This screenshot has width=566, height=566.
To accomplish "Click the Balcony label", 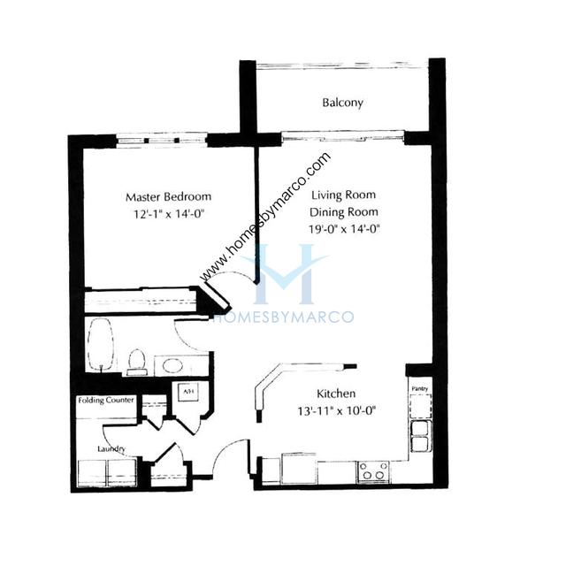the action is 342,103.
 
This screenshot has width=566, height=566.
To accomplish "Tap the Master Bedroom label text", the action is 168,196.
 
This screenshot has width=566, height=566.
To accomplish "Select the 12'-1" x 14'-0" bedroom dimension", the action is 169,214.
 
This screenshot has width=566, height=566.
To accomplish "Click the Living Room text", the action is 344,195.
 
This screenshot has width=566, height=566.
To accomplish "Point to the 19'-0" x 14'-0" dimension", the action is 344,229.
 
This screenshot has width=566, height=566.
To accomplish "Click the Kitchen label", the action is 336,393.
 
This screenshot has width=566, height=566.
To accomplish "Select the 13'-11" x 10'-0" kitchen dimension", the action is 337,410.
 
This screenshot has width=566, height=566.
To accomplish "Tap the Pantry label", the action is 420,388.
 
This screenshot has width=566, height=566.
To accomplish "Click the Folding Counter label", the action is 106,400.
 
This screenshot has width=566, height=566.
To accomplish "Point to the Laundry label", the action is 111,448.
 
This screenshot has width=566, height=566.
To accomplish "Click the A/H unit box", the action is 187,392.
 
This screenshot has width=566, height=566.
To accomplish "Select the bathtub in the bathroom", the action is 101,345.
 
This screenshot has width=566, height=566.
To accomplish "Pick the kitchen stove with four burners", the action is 373,471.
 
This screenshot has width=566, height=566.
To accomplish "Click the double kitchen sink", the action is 420,436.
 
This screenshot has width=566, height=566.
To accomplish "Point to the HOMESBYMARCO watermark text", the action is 284,317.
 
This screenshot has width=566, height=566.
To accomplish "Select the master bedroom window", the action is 162,141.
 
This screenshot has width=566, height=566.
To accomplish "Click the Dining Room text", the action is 344,212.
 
